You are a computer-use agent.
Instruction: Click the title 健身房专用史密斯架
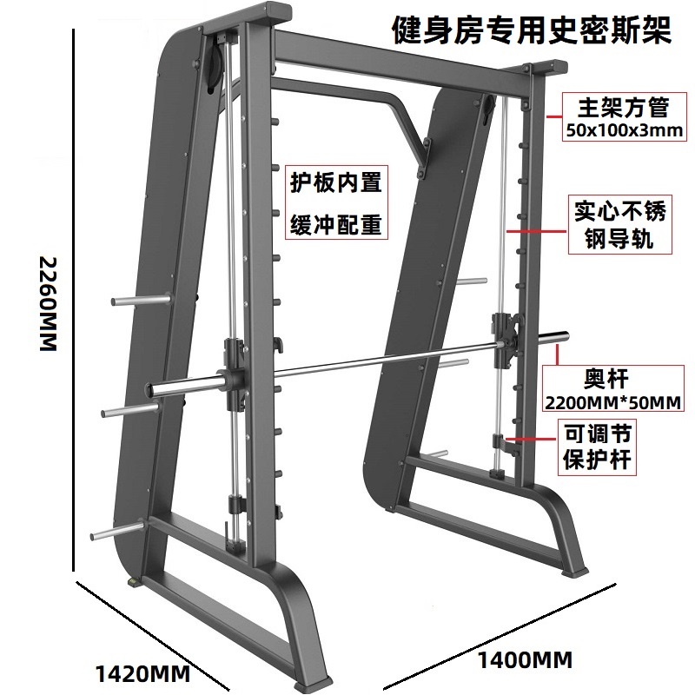(532, 32)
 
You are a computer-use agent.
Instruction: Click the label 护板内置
(335, 185)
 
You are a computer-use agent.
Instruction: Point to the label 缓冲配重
(335, 225)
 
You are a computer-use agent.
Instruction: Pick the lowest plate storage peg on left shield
(113, 529)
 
